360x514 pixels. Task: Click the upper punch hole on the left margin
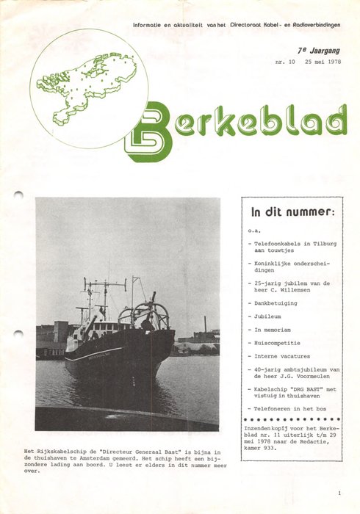(x=18, y=195)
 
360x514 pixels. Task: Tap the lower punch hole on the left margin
(x=18, y=334)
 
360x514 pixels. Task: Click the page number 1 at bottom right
(x=339, y=493)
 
